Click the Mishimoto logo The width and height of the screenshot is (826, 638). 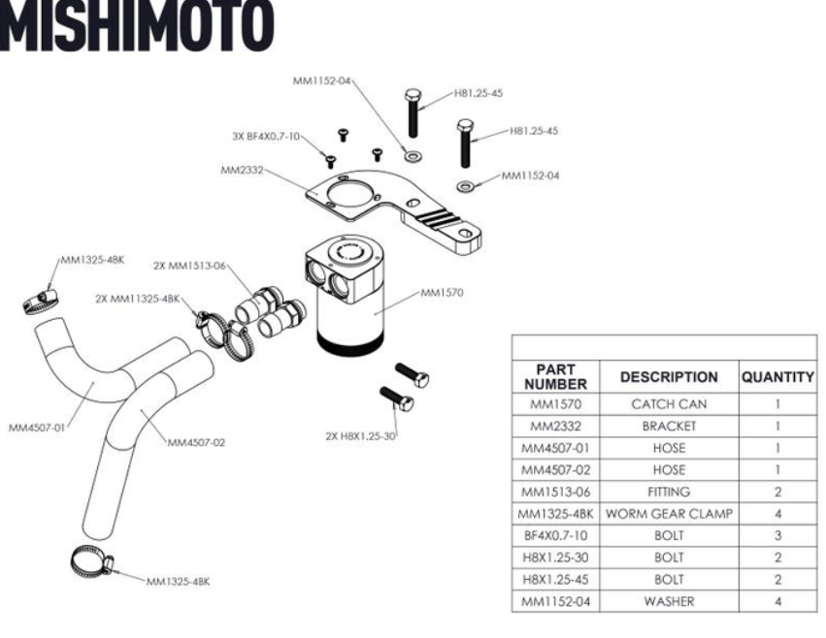coord(137,25)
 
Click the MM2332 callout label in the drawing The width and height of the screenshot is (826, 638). coord(242,170)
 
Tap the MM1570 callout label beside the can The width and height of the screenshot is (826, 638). coord(442,293)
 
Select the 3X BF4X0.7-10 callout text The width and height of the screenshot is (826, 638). coord(266,137)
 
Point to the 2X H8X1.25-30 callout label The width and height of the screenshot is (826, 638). coord(360,436)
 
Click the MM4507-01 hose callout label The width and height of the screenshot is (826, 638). coord(37,428)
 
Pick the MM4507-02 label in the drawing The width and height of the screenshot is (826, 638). coord(196,443)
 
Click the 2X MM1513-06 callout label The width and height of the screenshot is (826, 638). coord(189,266)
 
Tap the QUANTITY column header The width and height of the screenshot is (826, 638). coord(777,377)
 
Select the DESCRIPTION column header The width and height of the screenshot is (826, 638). coord(669,377)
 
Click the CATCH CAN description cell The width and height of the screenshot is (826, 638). coord(669,404)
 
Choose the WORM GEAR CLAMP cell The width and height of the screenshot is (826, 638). coord(669,514)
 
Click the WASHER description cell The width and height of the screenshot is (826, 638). coord(669,601)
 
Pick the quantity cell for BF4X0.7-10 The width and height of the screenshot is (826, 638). coord(777,536)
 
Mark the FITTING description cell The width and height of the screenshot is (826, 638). coord(669,492)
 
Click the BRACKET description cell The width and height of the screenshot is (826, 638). coord(669,426)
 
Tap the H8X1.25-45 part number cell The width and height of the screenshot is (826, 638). coord(556,580)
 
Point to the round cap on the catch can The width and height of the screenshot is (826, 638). coord(348,251)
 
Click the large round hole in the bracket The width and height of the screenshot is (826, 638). coord(348,194)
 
